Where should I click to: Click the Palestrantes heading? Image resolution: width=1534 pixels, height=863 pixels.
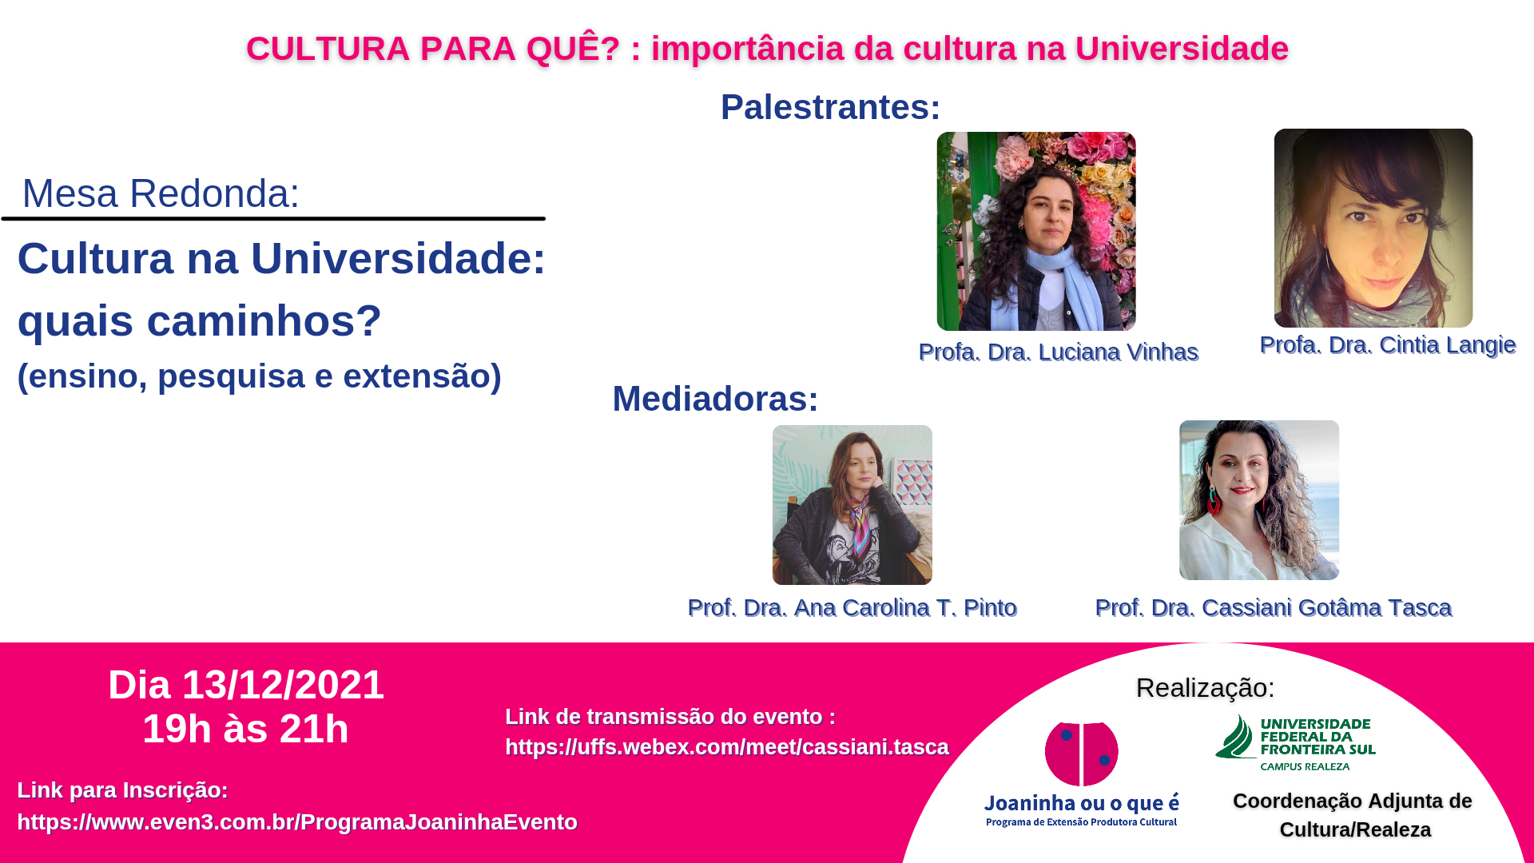[x=830, y=107]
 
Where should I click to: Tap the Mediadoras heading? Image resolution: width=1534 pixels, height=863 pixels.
[x=715, y=399]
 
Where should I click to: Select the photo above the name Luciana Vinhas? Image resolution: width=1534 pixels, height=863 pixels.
[x=1036, y=231]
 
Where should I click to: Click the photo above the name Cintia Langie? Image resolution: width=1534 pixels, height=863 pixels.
[x=1373, y=228]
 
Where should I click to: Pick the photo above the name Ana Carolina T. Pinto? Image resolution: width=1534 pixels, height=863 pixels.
[x=852, y=504]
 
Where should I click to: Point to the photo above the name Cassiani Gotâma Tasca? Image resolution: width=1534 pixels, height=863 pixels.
[x=1259, y=500]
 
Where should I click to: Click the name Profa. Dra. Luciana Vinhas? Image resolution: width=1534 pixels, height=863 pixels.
[x=1059, y=352]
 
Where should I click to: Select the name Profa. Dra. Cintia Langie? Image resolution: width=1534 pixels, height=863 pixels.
[x=1388, y=344]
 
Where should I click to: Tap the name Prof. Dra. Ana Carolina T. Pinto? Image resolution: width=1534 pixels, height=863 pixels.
[x=852, y=607]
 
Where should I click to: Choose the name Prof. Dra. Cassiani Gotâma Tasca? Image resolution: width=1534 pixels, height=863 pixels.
[x=1274, y=607]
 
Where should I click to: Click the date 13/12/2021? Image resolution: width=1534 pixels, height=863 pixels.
[x=284, y=685]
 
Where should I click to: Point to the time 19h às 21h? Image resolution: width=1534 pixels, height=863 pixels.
[x=246, y=729]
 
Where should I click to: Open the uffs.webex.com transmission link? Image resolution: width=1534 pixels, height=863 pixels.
[x=727, y=746]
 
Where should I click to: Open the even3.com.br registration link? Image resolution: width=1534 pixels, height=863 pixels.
[x=297, y=821]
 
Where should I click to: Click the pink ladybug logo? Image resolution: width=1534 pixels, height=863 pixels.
[x=1082, y=754]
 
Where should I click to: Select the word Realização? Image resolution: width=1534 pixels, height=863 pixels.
[x=1205, y=688]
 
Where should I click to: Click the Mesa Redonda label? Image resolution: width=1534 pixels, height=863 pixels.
[x=161, y=193]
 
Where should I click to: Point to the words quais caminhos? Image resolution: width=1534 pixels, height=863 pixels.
[x=200, y=320]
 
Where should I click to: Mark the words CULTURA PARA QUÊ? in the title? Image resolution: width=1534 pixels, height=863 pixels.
[x=433, y=48]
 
